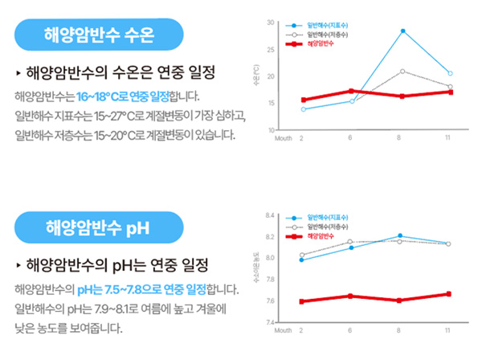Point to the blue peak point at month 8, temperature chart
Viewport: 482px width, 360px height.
[402, 31]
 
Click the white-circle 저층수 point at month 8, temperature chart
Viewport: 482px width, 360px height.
[402, 72]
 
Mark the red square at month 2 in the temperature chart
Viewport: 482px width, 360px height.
[304, 100]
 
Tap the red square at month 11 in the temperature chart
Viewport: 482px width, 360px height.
[450, 92]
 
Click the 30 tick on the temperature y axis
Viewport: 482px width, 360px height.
[271, 22]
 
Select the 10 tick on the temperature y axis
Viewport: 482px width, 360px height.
[271, 129]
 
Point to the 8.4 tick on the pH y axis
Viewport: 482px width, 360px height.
[270, 215]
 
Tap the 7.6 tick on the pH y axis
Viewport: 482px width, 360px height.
[270, 301]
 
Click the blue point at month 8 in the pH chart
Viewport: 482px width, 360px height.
[400, 236]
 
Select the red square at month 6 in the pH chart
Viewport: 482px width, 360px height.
[350, 296]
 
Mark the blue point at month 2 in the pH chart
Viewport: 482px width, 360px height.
[301, 260]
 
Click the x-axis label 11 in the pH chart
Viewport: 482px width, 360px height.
[448, 331]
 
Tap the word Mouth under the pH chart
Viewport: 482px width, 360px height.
[283, 331]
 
